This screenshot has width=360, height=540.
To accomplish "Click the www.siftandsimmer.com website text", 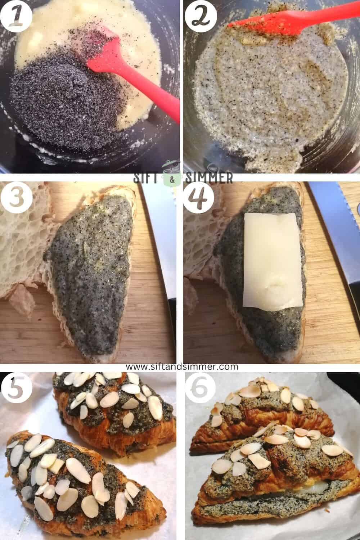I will [182, 367].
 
